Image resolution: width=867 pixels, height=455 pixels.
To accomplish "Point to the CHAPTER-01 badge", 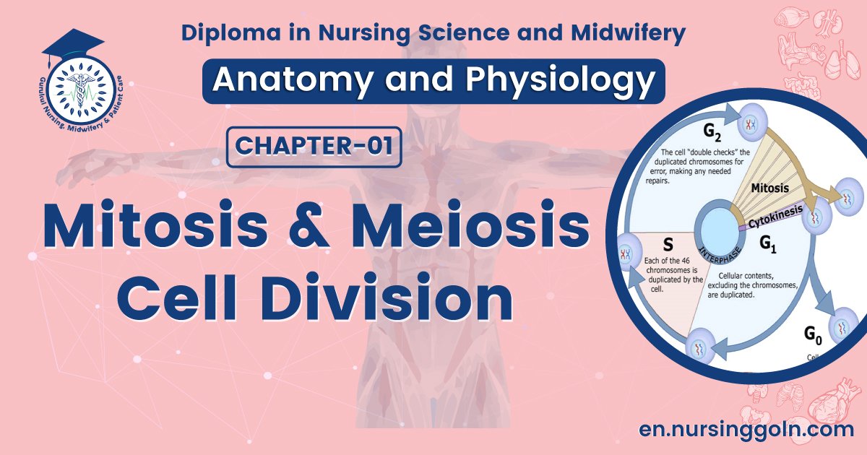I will click(314, 147).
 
